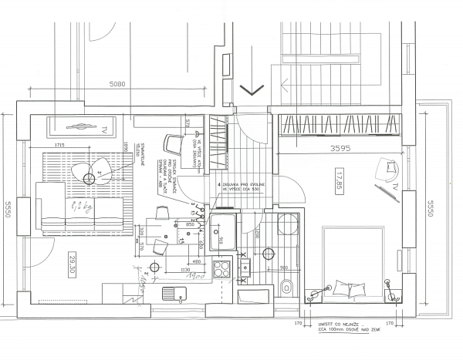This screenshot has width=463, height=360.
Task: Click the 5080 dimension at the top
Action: coord(118,82)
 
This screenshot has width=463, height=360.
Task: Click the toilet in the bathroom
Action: coord(287,288)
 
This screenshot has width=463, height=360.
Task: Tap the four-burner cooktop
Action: coord(222,271)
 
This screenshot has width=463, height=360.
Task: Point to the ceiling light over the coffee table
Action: coord(87,178)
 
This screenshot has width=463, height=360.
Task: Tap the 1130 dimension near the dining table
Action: coord(185,270)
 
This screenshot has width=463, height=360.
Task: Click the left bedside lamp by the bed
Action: coord(314,294)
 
